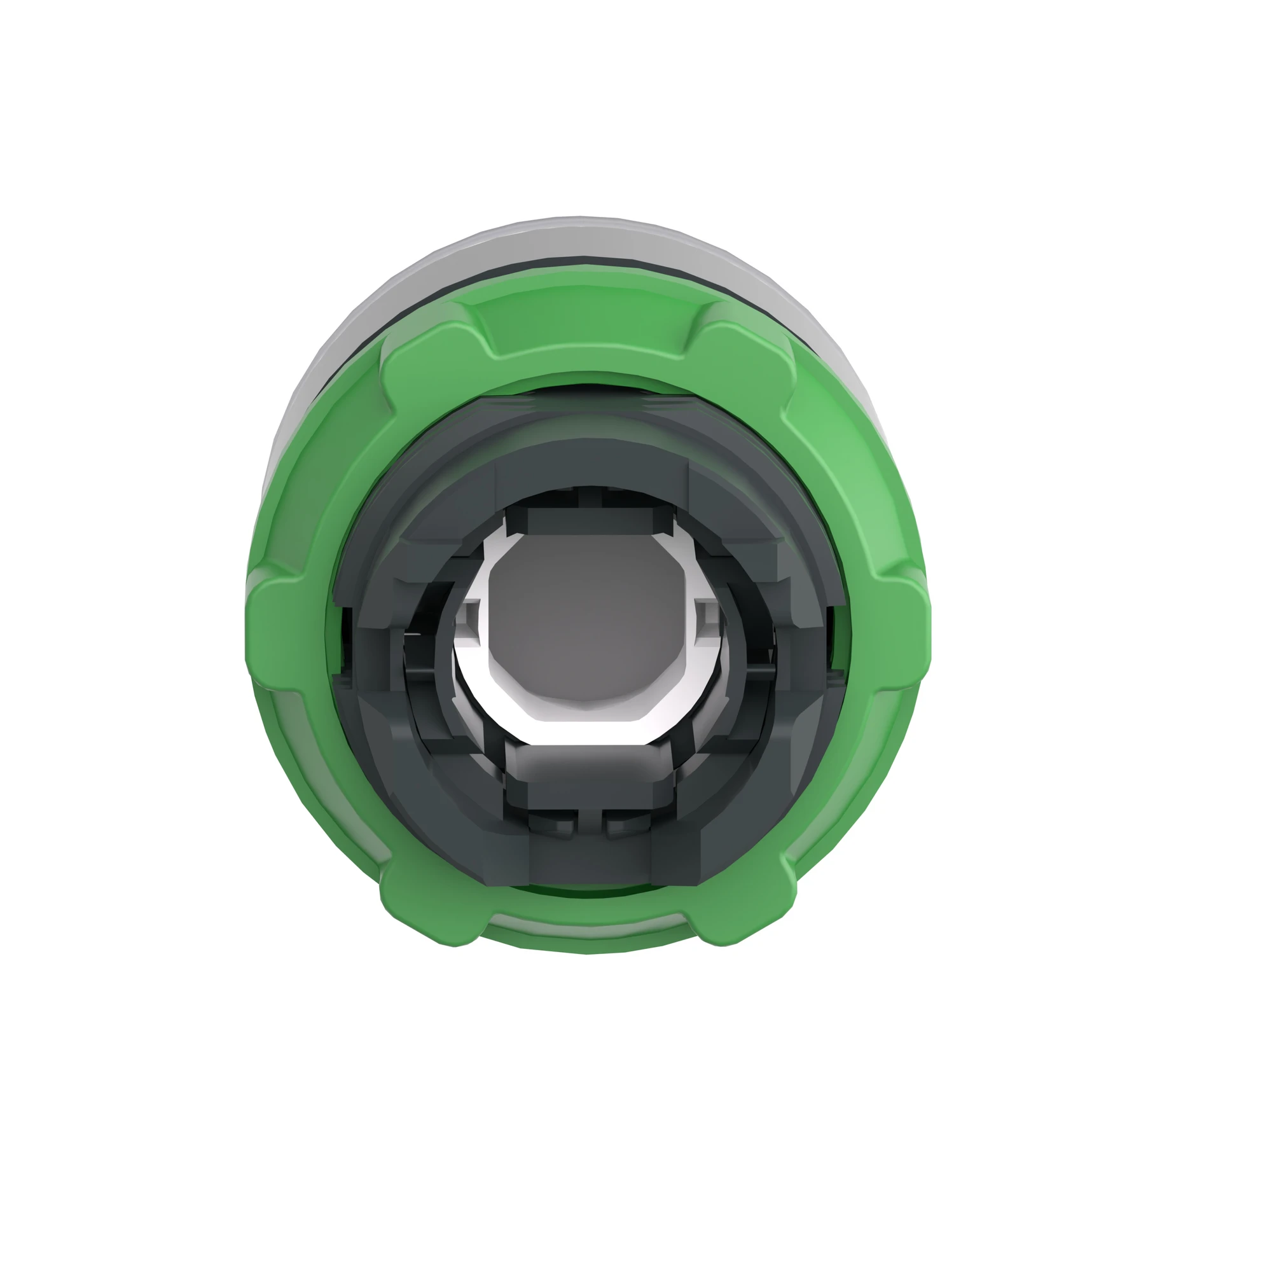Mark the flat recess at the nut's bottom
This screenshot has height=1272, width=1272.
[x=590, y=932]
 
